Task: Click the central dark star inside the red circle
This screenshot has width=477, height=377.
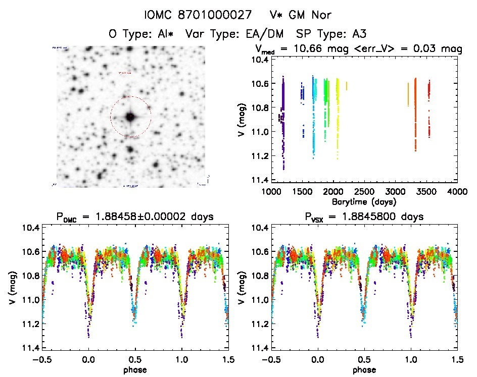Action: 130,117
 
